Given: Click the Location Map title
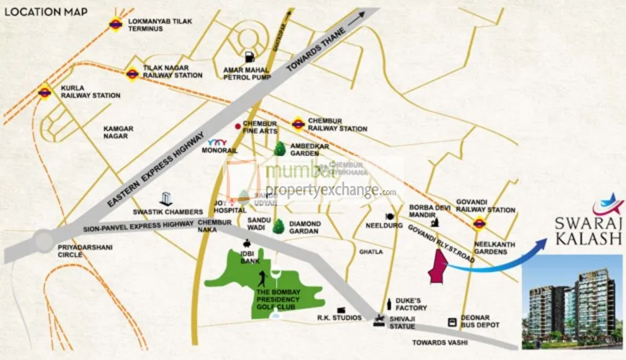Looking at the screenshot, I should tap(45, 11).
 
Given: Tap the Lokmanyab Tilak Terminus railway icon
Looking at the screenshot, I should tap(116, 24).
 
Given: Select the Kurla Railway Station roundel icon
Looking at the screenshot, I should tap(45, 92).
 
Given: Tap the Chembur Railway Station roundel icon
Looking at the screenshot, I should tap(297, 123).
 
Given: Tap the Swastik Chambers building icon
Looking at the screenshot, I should tap(167, 199).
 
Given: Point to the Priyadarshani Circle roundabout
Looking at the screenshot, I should tap(43, 239).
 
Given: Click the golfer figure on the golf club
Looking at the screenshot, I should tap(265, 279).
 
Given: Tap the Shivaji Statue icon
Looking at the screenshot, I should tap(380, 320).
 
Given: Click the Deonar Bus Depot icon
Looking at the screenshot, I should tap(453, 321).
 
